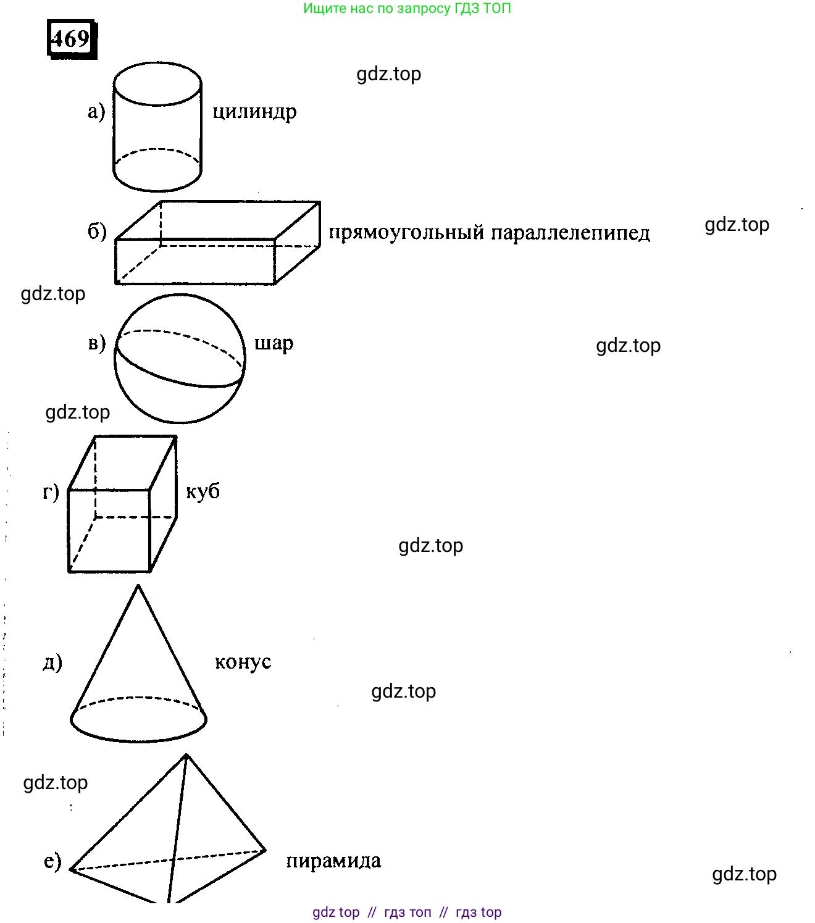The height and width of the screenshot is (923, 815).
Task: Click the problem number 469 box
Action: click(72, 40)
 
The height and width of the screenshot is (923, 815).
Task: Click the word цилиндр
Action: click(254, 112)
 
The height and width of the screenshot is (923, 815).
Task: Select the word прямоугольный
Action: click(406, 233)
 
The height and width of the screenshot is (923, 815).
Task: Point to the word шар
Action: click(274, 343)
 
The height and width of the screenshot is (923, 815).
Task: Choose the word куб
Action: click(203, 491)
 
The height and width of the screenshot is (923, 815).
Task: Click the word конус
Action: click(243, 662)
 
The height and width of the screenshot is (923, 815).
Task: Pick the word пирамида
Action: click(333, 861)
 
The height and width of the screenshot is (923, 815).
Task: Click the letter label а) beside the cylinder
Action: click(96, 112)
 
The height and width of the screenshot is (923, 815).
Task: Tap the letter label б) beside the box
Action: click(97, 232)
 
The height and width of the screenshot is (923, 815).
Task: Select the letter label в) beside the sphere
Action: click(97, 343)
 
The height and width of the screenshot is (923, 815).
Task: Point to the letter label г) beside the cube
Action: click(51, 492)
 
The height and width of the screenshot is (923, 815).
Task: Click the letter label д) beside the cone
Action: click(52, 662)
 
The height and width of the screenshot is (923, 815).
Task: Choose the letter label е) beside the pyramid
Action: click(53, 861)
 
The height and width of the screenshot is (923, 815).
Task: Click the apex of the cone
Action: click(138, 587)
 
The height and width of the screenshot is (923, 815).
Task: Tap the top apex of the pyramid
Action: click(186, 756)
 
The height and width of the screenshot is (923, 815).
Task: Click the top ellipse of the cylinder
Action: click(157, 84)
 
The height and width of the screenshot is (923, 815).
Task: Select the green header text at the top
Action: click(407, 9)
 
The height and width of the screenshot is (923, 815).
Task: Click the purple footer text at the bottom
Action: click(407, 912)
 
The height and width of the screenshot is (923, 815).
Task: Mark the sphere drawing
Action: click(180, 359)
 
